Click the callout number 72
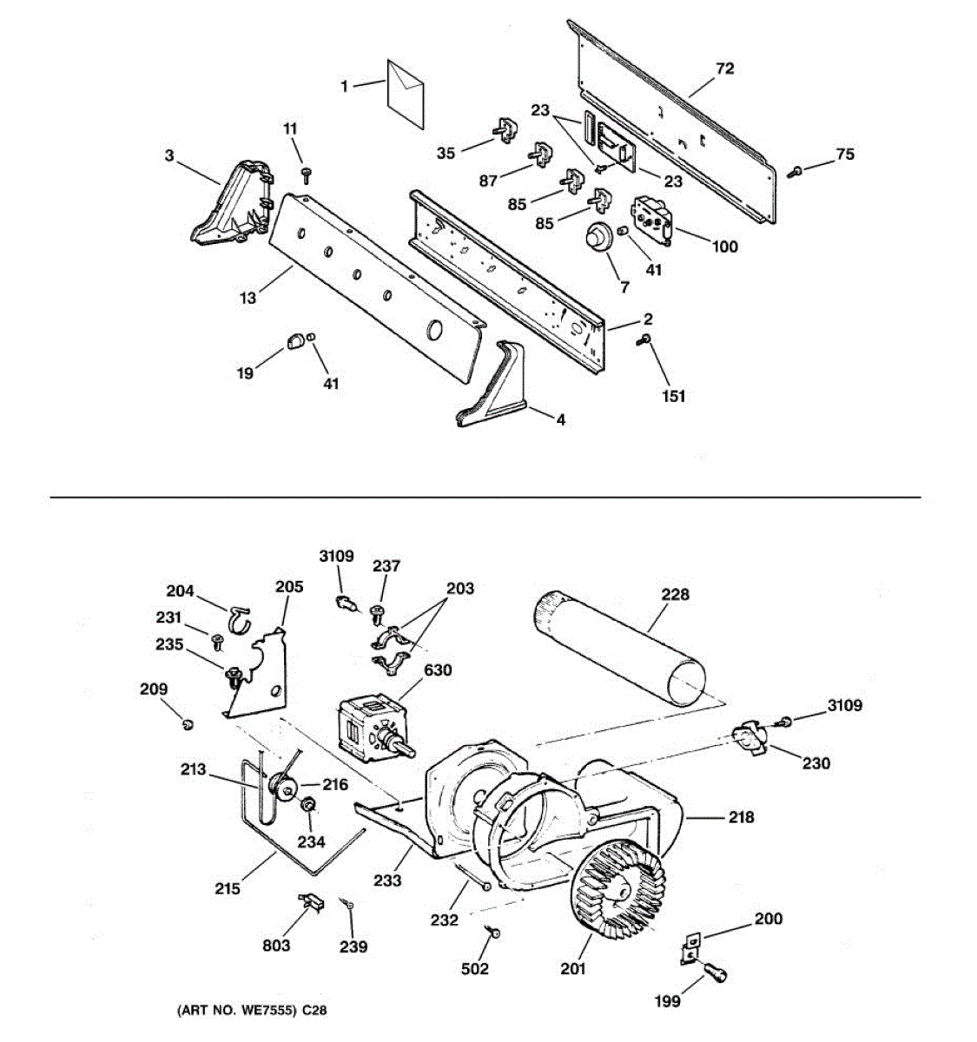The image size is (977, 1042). [x=724, y=68]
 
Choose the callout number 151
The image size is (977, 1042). [x=674, y=396]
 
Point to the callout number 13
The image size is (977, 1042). [x=248, y=298]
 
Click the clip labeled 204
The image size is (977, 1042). [x=239, y=617]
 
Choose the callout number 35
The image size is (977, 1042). [x=446, y=153]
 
